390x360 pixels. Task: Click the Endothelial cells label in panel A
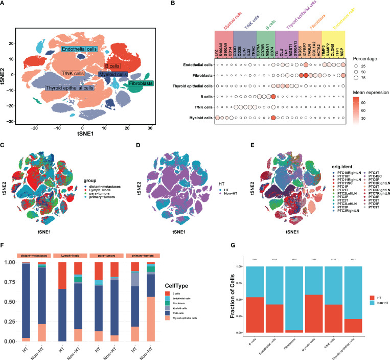point(79,49)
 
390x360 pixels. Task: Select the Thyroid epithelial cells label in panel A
point(69,88)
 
